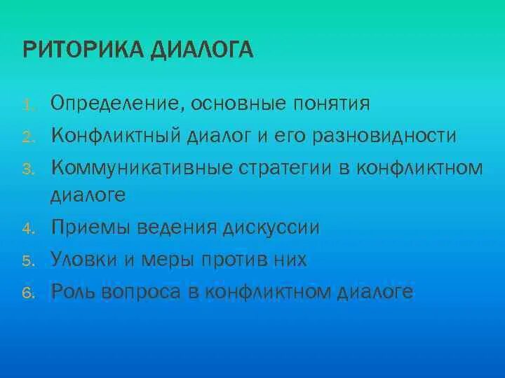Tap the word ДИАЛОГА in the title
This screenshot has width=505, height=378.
point(210,51)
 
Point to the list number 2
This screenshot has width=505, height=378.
point(27,137)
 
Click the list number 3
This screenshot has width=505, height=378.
point(27,169)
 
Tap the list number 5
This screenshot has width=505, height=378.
point(27,261)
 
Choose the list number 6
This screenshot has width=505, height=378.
point(27,293)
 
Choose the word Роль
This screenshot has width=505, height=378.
point(74,290)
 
